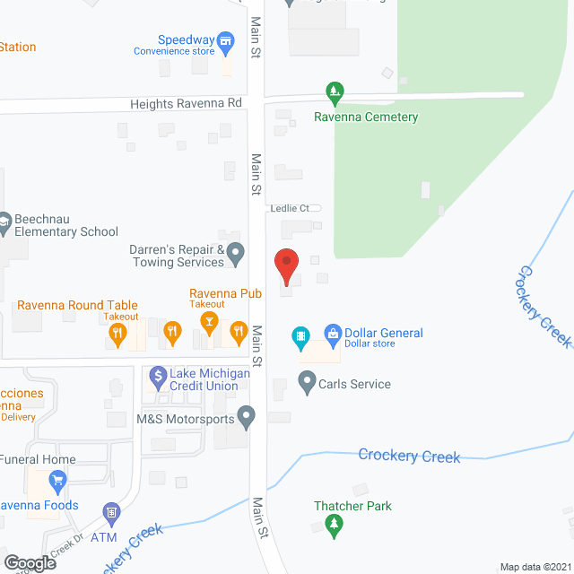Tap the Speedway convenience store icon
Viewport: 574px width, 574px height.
tap(227, 40)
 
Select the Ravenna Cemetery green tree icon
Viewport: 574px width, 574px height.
tap(334, 91)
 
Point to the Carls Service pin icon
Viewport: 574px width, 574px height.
tap(306, 384)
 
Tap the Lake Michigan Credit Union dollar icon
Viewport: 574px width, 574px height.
tap(157, 376)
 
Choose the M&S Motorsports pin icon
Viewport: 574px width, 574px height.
tap(248, 416)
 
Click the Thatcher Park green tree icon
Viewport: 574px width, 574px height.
tap(334, 526)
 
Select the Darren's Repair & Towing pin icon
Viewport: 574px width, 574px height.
tap(236, 254)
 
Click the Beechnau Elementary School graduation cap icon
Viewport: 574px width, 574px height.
tap(4, 222)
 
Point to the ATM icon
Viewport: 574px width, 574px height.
tap(112, 513)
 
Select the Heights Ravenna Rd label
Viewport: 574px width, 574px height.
tap(186, 104)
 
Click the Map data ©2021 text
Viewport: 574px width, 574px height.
tap(535, 567)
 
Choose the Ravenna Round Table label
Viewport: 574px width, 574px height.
tap(78, 306)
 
